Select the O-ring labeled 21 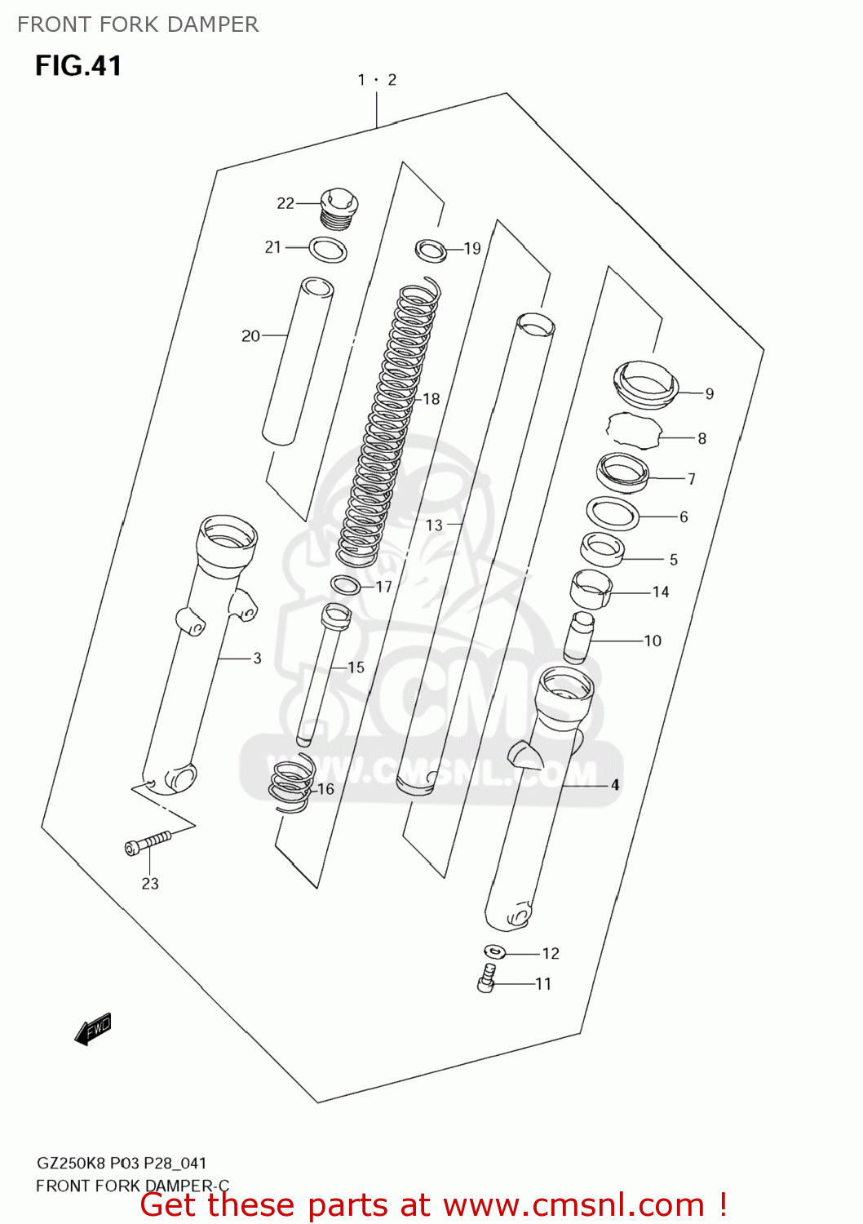pos(328,250)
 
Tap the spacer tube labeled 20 pos(297,361)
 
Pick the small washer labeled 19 pos(431,250)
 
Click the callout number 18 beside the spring pos(431,399)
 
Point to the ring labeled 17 pos(346,585)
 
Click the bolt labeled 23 pos(148,844)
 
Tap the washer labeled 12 pos(494,951)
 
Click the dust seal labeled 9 pos(645,384)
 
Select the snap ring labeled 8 pos(633,431)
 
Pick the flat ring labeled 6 pos(613,514)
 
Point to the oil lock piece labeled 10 pos(578,636)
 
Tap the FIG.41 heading pos(78,65)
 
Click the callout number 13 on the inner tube pos(434,526)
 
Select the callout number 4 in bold pos(615,785)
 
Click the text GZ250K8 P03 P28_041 pos(122,1163)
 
